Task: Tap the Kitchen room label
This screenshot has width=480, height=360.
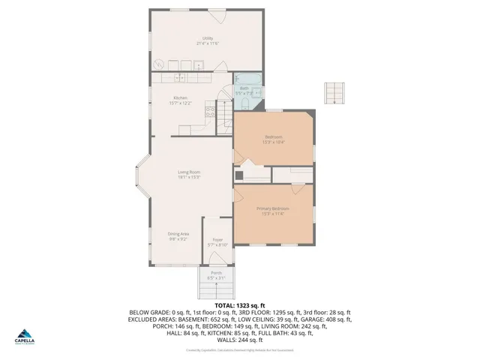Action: (181, 99)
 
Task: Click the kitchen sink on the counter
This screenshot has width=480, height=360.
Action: (180, 77)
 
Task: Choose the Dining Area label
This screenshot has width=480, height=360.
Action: (178, 235)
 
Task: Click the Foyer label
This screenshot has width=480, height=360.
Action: (217, 240)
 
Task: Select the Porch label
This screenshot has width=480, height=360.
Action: (216, 274)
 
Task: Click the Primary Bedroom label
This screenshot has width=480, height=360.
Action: (272, 208)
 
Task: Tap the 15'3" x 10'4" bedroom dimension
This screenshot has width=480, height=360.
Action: (274, 141)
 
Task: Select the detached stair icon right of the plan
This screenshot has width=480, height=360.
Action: (333, 93)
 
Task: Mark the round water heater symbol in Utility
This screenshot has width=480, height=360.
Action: (158, 64)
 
